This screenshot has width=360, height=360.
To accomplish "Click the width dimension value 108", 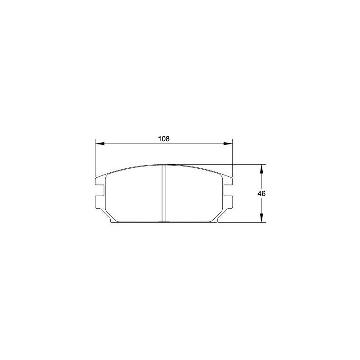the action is coord(164,139).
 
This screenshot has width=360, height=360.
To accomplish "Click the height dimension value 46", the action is coord(261,193).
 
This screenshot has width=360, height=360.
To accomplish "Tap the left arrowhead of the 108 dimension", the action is coord(100,144).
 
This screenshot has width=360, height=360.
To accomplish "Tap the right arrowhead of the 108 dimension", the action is coord(228,144).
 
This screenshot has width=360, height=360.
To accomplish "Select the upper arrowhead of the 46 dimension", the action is coord(261,169).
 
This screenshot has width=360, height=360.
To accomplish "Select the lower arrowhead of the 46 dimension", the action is coord(261,218).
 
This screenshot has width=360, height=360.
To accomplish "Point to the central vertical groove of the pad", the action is coord(164,193).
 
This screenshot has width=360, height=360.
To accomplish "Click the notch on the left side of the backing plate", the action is coord(100,190).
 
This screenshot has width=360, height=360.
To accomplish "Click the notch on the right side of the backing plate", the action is coord(228,190).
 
